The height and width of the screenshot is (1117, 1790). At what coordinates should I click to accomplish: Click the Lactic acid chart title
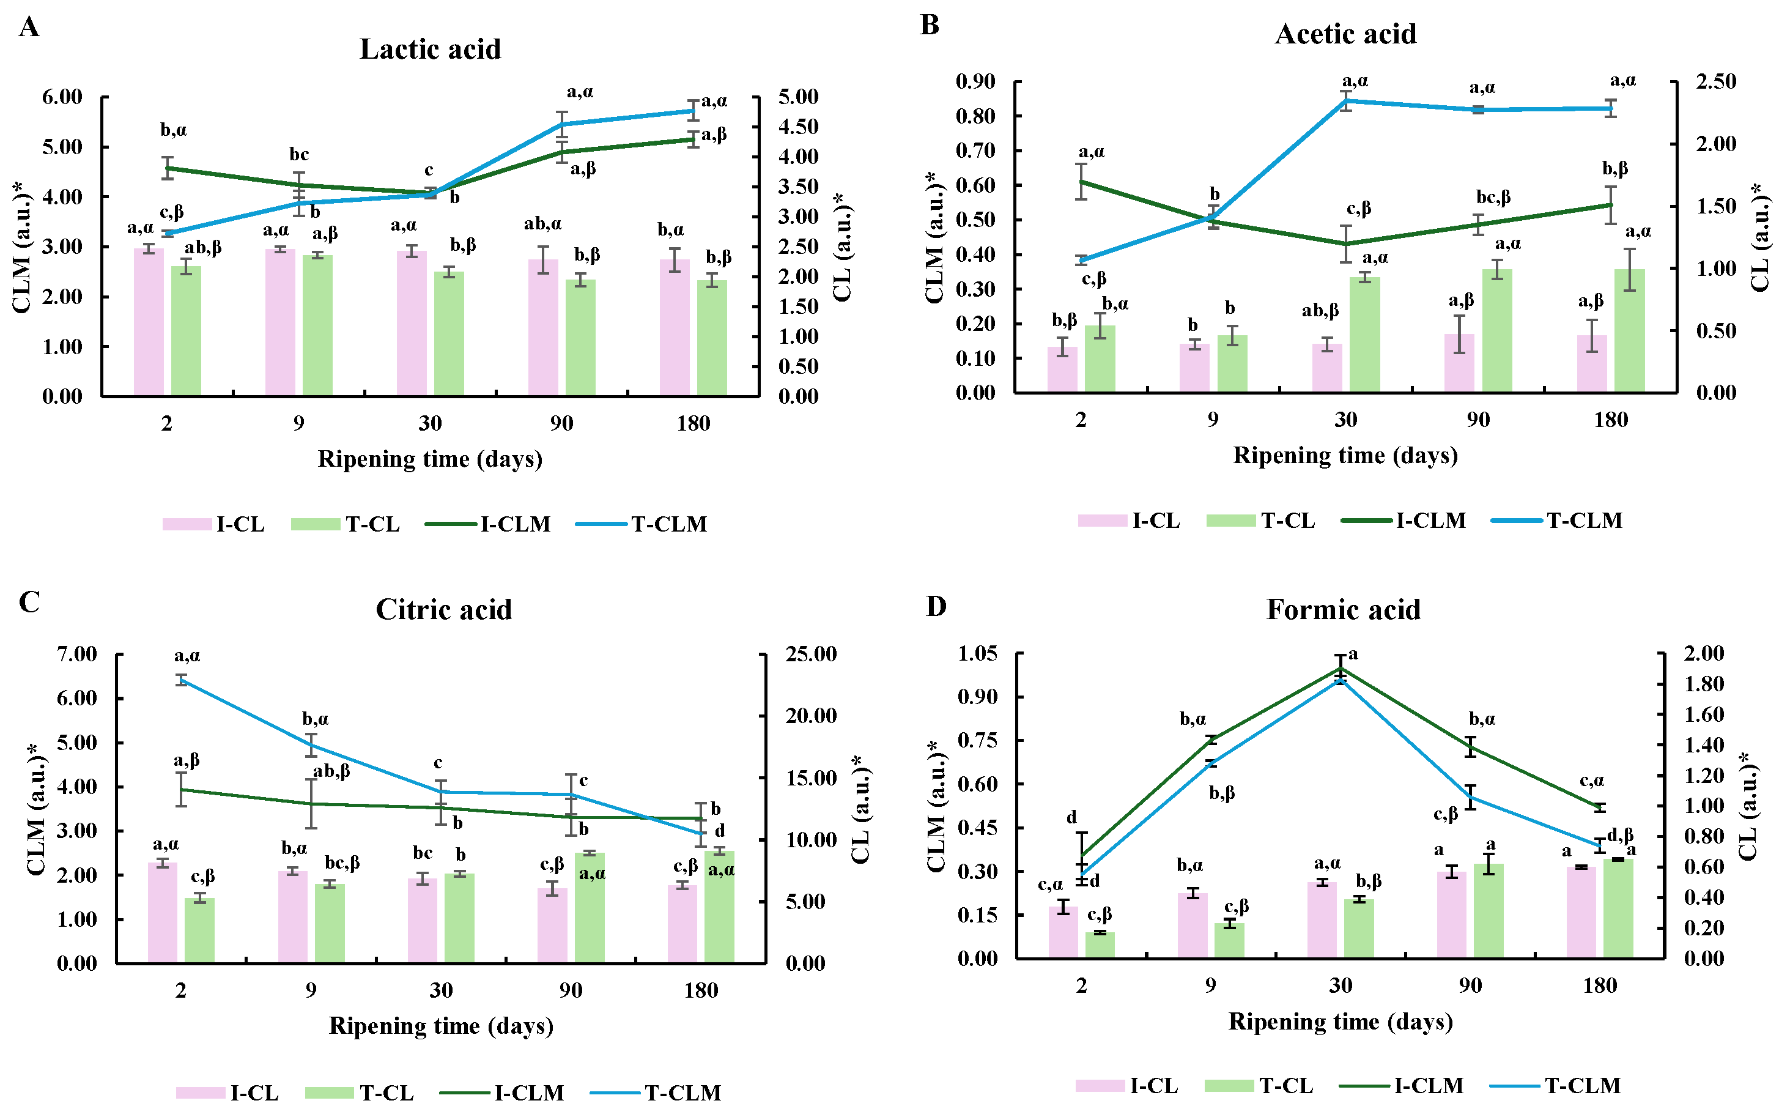pos(430,50)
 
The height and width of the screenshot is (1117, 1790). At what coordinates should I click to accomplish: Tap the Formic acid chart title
pos(1342,609)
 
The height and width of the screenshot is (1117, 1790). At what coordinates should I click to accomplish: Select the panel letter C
pos(29,602)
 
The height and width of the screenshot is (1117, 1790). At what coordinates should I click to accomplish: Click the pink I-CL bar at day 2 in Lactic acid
pos(149,322)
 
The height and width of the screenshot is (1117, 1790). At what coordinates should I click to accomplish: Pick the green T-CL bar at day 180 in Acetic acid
pos(1629,330)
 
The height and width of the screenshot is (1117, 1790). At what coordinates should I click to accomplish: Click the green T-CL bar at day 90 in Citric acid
pos(590,907)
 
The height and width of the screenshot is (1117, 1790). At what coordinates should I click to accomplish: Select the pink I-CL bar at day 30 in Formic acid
pos(1322,920)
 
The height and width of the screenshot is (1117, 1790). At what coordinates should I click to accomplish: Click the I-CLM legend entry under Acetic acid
pos(1403,521)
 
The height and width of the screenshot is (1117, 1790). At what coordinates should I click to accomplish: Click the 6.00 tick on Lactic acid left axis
pos(62,97)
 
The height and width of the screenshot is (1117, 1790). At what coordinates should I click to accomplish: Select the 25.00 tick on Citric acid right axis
pos(811,654)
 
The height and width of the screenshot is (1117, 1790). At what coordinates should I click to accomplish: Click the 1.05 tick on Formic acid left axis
pos(978,654)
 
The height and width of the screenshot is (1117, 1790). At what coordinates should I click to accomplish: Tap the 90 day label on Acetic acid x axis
pos(1477,420)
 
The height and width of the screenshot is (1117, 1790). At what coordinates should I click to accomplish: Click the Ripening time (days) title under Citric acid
pos(441,1025)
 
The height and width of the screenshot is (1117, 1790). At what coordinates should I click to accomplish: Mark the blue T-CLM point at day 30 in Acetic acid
pos(1346,100)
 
